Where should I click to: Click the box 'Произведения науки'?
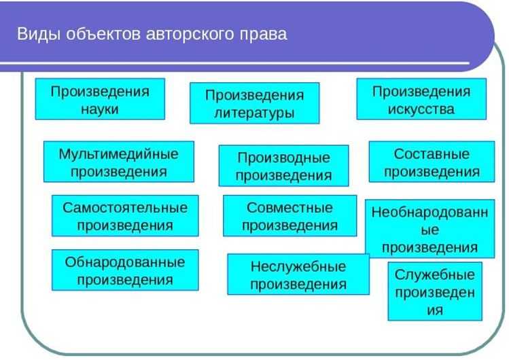[100, 99]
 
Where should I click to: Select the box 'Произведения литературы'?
[254, 103]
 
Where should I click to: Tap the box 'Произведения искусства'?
[421, 99]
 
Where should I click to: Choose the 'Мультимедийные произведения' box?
[118, 162]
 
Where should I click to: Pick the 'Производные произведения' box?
[283, 166]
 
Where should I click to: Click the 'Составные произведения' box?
[432, 162]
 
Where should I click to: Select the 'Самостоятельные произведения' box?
[125, 215]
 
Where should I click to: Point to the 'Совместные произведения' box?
[289, 215]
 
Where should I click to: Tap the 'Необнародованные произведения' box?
[429, 230]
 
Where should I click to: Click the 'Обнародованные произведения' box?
[125, 270]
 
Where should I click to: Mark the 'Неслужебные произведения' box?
[298, 274]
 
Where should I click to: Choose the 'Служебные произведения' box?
[435, 291]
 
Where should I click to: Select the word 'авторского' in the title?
[192, 34]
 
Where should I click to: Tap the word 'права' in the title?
[264, 34]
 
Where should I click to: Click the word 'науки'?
[100, 109]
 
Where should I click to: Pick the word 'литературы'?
[254, 113]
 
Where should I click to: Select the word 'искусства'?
[421, 109]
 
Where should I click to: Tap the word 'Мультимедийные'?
[118, 153]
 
